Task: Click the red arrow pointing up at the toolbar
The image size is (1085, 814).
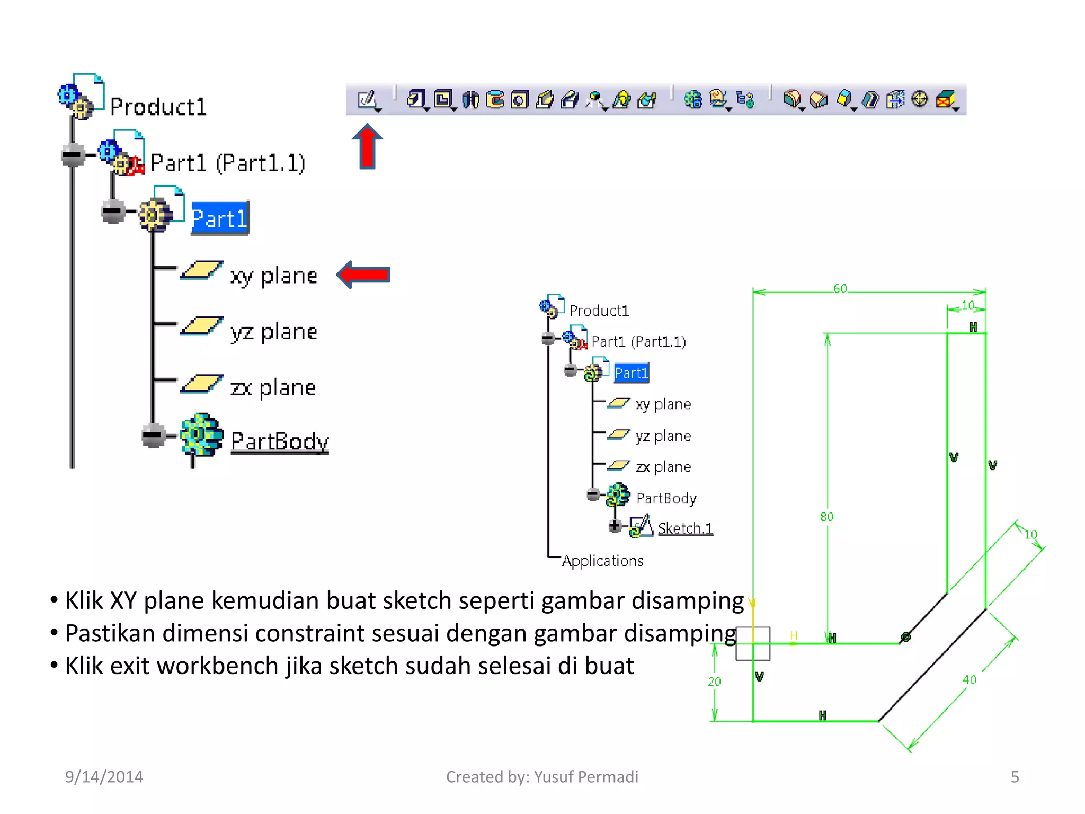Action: click(367, 147)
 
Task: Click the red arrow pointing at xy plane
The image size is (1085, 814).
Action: click(364, 275)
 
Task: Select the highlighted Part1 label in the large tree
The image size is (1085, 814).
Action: click(219, 218)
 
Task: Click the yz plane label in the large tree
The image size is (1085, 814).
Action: click(273, 332)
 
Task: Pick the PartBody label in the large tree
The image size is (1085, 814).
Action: click(280, 441)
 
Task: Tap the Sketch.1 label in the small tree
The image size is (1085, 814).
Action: click(685, 528)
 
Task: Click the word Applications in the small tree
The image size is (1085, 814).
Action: click(603, 561)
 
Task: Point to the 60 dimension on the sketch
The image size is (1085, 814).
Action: click(840, 289)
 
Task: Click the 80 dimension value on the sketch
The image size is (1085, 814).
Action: click(826, 517)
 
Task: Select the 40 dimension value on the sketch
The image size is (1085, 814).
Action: click(969, 679)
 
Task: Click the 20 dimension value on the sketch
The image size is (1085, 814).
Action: click(714, 682)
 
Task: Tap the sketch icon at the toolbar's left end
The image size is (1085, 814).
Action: click(367, 99)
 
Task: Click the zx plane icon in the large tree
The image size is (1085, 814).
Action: click(201, 384)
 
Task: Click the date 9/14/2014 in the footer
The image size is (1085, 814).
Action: click(104, 777)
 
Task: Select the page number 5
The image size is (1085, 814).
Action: click(1015, 777)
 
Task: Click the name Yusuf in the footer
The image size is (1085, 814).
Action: click(554, 777)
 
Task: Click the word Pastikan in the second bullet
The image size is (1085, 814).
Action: click(110, 633)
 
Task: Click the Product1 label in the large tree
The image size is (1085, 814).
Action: click(158, 107)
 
